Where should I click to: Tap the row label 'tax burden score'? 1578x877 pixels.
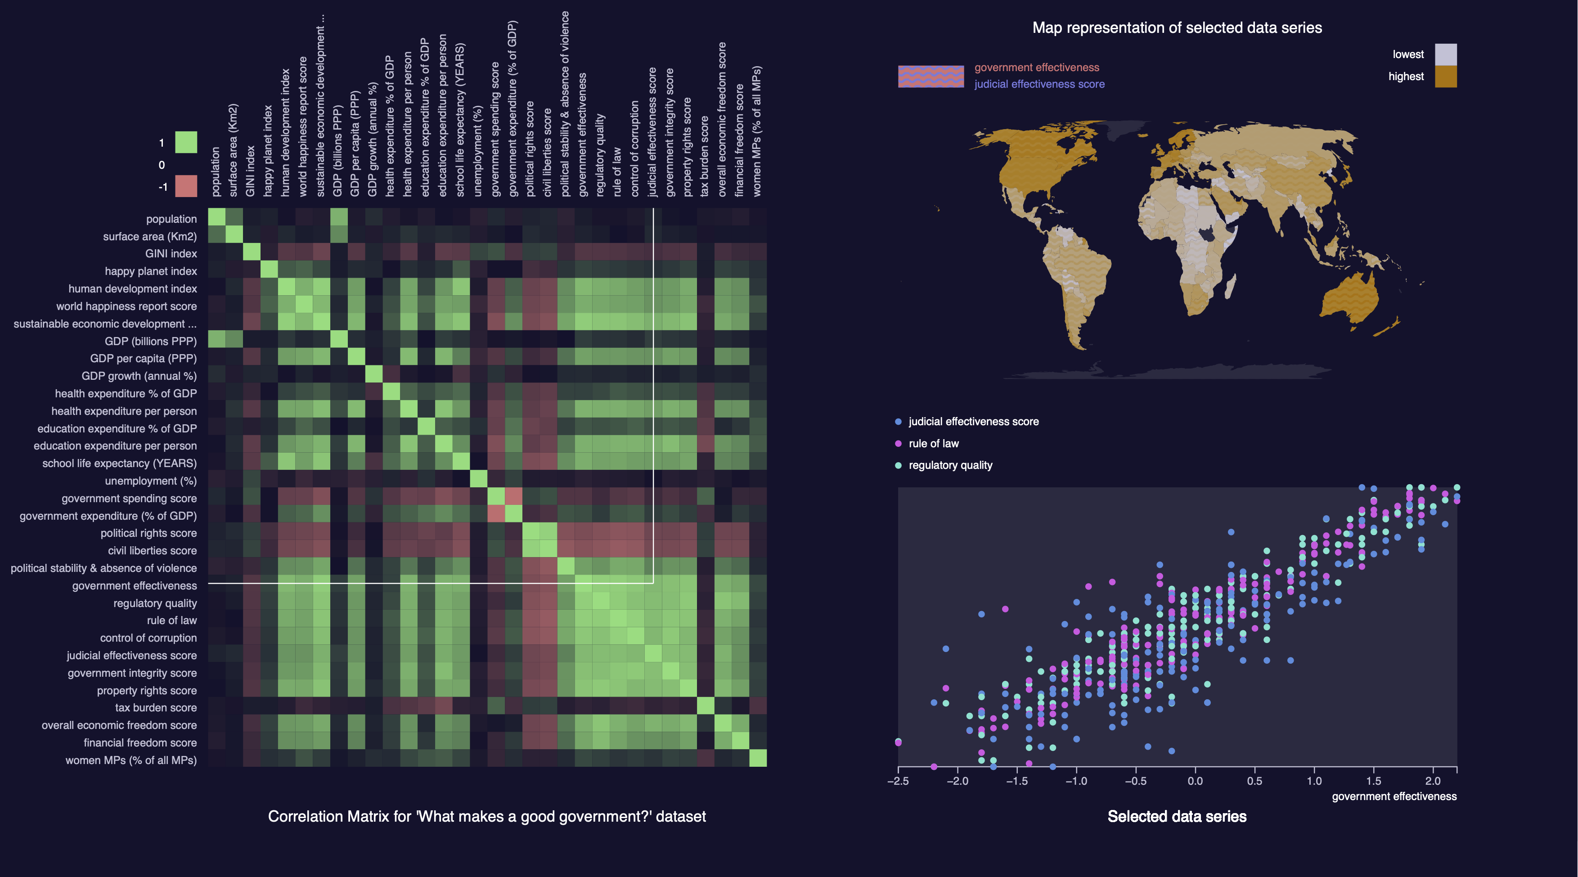[x=156, y=707]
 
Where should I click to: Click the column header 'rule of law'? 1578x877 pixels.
[x=617, y=172]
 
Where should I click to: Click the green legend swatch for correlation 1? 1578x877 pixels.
[x=186, y=142]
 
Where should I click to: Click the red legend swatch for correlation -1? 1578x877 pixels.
[x=186, y=186]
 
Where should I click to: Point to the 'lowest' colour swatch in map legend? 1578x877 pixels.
[x=1446, y=54]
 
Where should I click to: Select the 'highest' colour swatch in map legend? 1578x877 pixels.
[x=1446, y=76]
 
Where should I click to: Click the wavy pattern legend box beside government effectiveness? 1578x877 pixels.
[x=931, y=76]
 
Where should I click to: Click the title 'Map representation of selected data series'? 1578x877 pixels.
[x=1177, y=27]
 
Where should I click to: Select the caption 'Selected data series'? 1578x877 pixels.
[x=1177, y=816]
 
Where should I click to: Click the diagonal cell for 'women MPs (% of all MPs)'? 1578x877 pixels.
[x=758, y=758]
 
